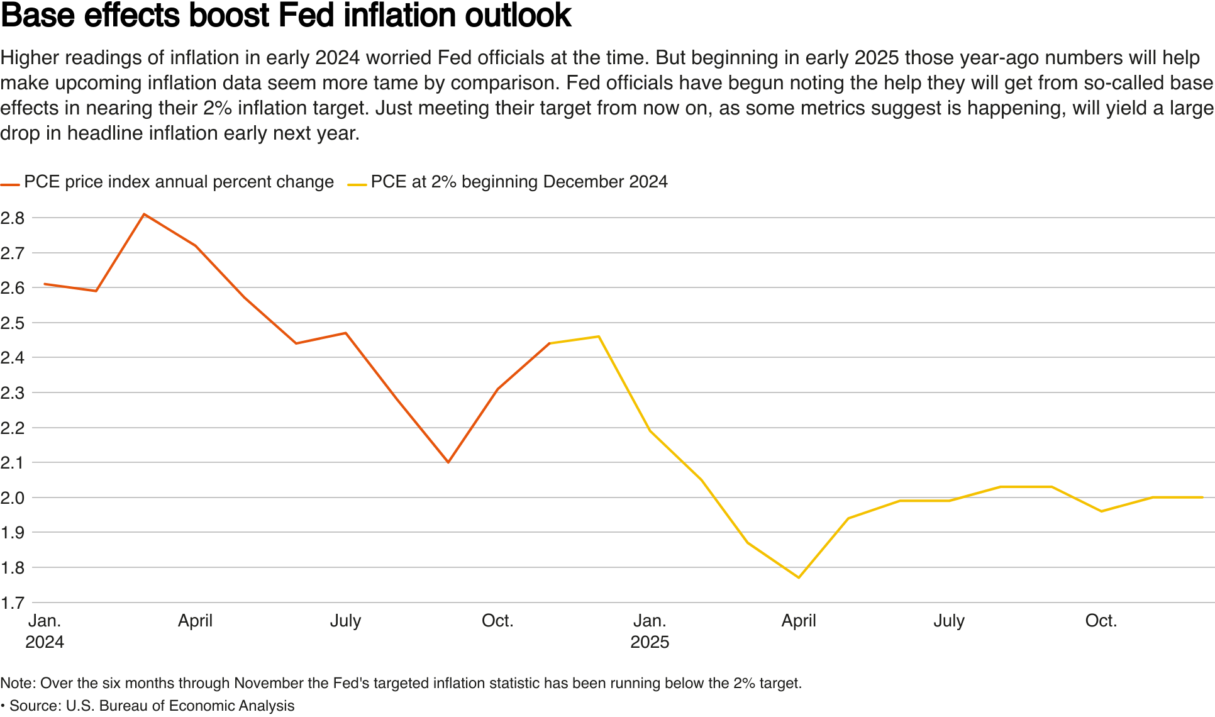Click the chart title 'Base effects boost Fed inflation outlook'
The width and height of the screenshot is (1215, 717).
(x=286, y=16)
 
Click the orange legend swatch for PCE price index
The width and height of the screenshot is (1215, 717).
(x=10, y=185)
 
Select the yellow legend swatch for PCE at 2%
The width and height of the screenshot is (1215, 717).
(x=357, y=185)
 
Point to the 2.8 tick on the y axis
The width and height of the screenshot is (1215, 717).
(x=13, y=218)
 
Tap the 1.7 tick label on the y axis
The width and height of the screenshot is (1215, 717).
(x=13, y=603)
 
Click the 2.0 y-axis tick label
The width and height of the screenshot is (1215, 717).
(x=13, y=498)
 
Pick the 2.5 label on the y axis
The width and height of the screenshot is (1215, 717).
(x=13, y=323)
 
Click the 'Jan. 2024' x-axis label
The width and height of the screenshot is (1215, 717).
(x=45, y=631)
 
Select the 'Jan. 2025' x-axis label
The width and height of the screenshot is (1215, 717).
(x=650, y=631)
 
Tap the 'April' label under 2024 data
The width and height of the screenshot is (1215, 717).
(x=195, y=621)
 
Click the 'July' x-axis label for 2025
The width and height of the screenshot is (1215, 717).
(x=948, y=621)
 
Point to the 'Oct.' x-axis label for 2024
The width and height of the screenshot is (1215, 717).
(x=497, y=621)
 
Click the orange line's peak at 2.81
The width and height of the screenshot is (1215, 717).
(x=145, y=214)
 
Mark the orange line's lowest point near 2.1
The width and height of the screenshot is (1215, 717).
(x=448, y=462)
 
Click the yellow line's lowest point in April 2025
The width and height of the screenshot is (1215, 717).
(x=799, y=577)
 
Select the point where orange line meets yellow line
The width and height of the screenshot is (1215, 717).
(x=550, y=343)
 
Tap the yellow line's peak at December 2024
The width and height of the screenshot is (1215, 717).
(x=598, y=336)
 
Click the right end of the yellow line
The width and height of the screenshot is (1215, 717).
(x=1202, y=497)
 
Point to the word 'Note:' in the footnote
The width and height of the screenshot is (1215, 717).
(x=18, y=683)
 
